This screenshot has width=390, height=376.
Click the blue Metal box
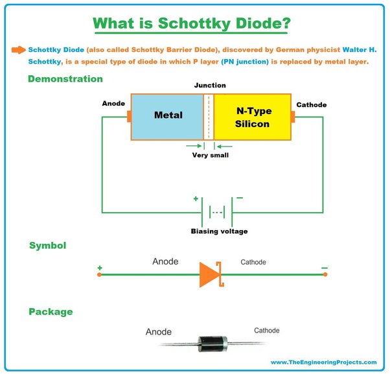coord(167,116)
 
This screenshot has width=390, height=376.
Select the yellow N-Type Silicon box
coord(252,116)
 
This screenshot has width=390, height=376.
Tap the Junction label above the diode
coord(210,85)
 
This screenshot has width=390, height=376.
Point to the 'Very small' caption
coord(210,155)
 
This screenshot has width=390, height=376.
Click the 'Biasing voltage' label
coord(219,231)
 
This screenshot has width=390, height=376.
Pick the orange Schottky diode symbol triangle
coord(209,274)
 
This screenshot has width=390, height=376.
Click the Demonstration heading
coord(65,79)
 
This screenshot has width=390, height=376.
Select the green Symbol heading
coord(47,246)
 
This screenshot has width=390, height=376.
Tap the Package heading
coord(51,312)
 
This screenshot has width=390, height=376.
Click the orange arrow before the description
coord(18,49)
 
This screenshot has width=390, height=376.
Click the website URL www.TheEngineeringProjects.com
coord(323,362)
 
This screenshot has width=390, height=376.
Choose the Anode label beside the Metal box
coord(113,104)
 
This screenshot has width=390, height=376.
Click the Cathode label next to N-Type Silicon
coord(312,105)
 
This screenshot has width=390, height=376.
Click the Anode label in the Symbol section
coord(165,262)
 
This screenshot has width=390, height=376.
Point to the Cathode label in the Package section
coord(266,331)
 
